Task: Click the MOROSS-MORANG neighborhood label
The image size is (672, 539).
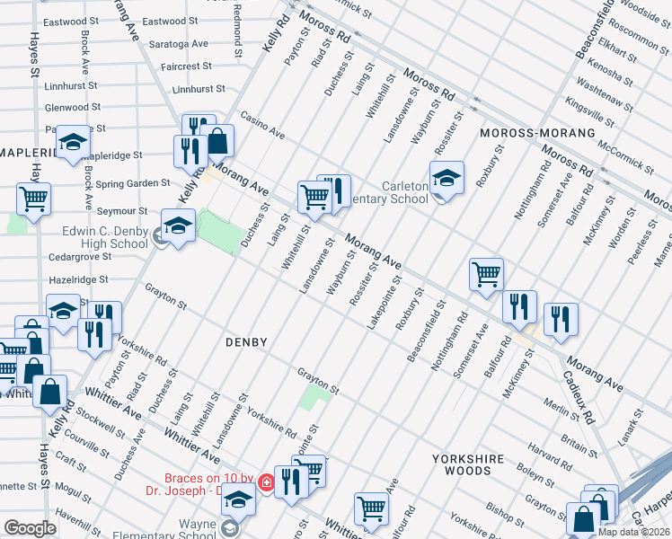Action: [537, 133]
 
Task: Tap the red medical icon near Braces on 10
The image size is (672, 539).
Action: [266, 483]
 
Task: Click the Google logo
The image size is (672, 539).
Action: [30, 528]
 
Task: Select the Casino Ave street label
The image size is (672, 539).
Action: [261, 126]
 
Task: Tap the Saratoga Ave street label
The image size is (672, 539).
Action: [178, 43]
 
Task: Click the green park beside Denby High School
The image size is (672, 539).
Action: [217, 230]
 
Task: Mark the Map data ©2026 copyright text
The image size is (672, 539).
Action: [633, 532]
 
